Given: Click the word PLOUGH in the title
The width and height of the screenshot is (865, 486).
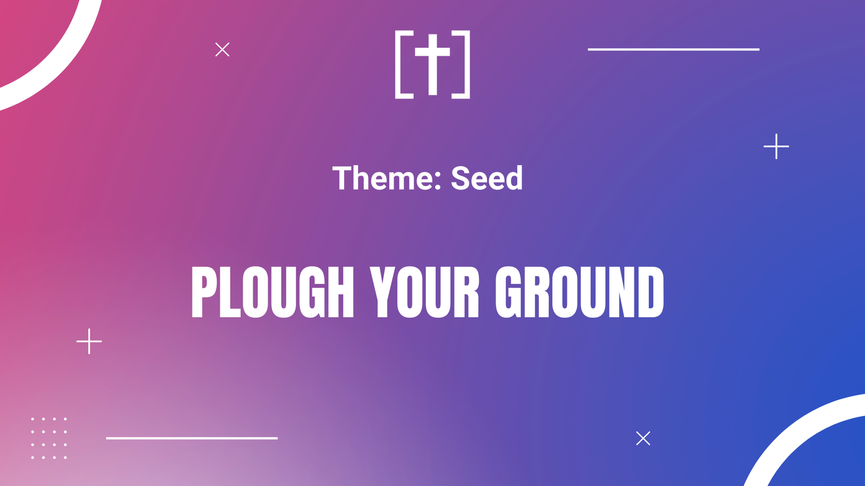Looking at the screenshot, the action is pos(272,292).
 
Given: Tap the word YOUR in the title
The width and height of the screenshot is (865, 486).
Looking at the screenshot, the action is pos(424,292).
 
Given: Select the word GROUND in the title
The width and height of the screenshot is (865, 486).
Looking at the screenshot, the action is pos(580,292).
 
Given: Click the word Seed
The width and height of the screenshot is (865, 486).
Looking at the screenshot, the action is pos(487,178).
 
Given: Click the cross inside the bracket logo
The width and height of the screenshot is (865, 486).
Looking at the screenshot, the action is pos(432,64).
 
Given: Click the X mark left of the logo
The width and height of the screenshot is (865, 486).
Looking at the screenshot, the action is pos(222,49).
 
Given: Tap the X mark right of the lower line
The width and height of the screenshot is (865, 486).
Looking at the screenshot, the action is pos(643,438).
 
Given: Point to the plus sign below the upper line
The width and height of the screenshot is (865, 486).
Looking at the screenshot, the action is pos(776,146).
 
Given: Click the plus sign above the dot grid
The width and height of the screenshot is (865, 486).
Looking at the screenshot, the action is pos(89,341).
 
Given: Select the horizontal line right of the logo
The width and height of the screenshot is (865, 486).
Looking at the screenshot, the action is pos(674,49).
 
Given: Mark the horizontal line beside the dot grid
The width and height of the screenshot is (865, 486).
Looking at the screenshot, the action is pos(192,438).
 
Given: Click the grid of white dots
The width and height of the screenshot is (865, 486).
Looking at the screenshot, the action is pos(49,438).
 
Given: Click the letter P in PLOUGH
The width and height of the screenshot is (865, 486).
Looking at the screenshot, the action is pos(203,292).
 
